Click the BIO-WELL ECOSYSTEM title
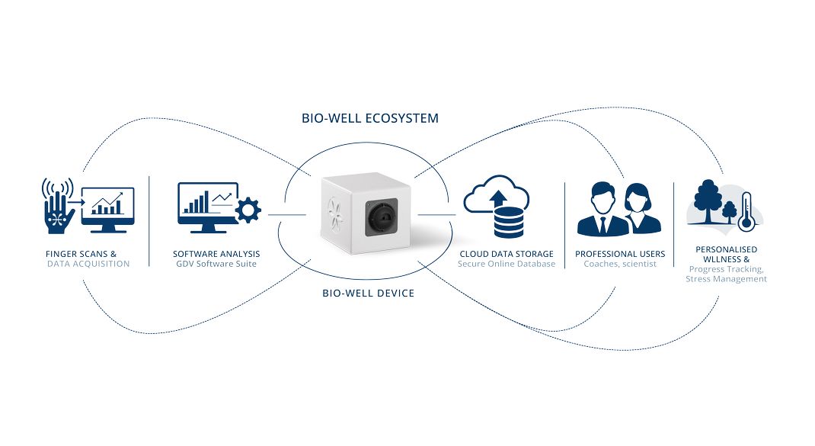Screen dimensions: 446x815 (x=370, y=118)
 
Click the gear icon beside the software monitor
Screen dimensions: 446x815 (x=248, y=209)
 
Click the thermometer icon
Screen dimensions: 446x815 (x=746, y=210)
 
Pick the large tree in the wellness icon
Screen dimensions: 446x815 (x=708, y=200)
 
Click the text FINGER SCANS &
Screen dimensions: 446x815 (x=81, y=254)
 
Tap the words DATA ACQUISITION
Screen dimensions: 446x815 (x=88, y=264)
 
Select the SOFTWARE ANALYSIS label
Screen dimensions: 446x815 (x=216, y=254)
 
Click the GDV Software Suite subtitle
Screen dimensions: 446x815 (x=216, y=264)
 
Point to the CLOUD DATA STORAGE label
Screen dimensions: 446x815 (x=507, y=254)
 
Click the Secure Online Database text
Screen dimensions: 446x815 (x=507, y=264)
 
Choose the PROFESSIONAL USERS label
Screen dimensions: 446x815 (x=620, y=254)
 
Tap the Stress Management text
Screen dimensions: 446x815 (x=727, y=279)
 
